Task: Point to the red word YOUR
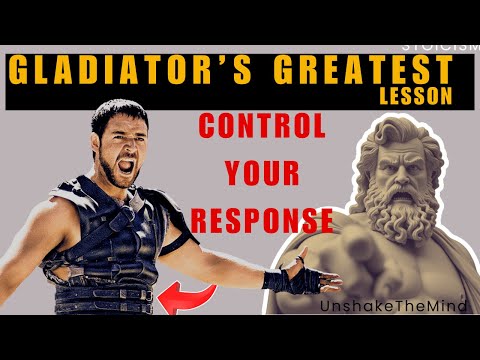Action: (262, 174)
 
